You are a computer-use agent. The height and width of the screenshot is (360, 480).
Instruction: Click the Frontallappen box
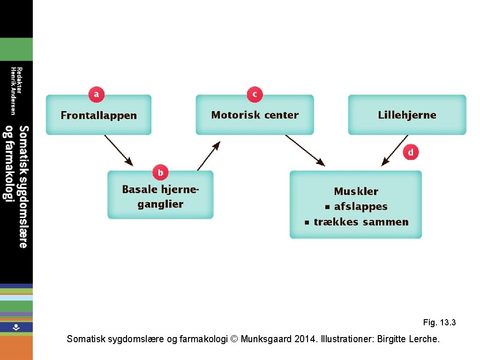98,115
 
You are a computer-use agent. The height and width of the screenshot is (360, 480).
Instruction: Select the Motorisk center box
255,115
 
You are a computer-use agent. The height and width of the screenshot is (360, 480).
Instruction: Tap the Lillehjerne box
407,115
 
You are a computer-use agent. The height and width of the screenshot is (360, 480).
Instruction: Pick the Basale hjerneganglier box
160,196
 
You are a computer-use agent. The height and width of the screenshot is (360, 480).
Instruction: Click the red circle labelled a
96,95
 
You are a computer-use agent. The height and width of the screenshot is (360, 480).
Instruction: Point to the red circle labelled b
160,173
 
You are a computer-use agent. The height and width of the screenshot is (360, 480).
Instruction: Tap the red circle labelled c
255,95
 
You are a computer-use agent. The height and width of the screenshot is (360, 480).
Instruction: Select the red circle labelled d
411,152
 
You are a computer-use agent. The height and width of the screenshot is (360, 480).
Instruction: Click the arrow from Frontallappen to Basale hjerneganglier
119,150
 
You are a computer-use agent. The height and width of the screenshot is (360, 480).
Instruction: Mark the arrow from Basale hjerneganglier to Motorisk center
209,156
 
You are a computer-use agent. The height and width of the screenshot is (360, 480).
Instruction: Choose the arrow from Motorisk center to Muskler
305,150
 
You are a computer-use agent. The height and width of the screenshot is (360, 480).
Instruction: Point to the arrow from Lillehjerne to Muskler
394,150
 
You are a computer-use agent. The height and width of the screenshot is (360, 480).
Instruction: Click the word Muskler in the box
356,191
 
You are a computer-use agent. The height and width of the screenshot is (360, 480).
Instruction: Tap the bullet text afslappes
360,207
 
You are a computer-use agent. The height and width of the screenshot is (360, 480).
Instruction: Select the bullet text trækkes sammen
361,222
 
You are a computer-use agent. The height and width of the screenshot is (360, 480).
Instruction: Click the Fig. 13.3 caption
439,322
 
